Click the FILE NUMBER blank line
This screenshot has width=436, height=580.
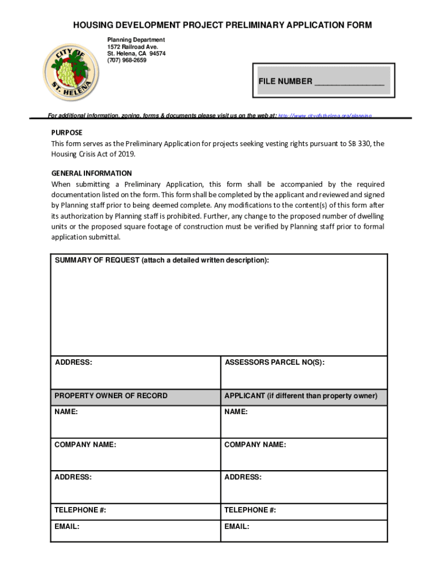point(349,82)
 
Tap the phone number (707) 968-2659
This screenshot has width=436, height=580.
point(127,60)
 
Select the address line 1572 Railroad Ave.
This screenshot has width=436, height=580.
point(133,46)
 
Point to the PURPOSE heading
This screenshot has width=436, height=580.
point(67,133)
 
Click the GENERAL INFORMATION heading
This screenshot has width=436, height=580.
point(92,173)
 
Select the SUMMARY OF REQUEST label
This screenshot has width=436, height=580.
point(162,261)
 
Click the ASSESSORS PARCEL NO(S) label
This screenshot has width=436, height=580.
point(275,362)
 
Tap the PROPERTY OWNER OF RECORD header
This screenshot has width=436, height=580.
point(111,396)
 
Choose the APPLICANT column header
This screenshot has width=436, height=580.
point(301,396)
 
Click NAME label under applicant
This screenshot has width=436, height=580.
point(236,412)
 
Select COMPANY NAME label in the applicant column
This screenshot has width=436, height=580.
point(255,445)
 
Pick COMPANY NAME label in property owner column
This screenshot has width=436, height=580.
point(86,445)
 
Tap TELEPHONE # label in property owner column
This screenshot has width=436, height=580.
point(80,510)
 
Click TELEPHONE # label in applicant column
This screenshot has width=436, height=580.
point(250,510)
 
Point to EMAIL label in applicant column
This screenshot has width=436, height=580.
point(237,527)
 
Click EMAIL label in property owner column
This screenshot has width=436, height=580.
point(67,527)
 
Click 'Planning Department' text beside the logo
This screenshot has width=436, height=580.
point(136,40)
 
